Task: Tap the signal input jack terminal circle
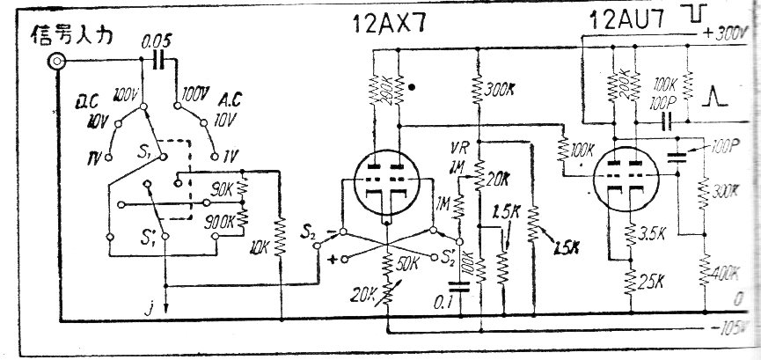(58, 62)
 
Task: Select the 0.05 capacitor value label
(157, 41)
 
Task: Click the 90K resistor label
(217, 187)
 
